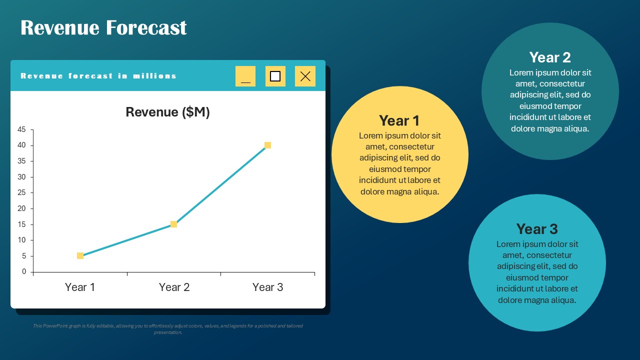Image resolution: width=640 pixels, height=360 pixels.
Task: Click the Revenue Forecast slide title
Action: pyautogui.click(x=103, y=28)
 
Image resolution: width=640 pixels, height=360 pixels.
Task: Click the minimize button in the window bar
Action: pyautogui.click(x=245, y=76)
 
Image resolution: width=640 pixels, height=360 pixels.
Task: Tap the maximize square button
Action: pyautogui.click(x=275, y=76)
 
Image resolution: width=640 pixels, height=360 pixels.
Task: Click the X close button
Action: pyautogui.click(x=305, y=76)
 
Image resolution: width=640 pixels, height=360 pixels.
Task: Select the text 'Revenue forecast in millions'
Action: pyautogui.click(x=98, y=76)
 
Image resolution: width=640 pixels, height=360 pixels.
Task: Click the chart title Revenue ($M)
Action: pyautogui.click(x=167, y=112)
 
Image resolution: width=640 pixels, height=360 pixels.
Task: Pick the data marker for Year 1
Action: pyautogui.click(x=80, y=256)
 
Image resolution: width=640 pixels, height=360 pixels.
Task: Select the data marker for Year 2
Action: pyautogui.click(x=173, y=224)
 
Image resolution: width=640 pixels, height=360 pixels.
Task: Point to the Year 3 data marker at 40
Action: pyautogui.click(x=267, y=145)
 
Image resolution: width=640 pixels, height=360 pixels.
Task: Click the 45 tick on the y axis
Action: pyautogui.click(x=21, y=129)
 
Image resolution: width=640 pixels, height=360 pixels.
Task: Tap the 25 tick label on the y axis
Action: pyautogui.click(x=21, y=193)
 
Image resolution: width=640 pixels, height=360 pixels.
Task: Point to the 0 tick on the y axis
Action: pyautogui.click(x=23, y=272)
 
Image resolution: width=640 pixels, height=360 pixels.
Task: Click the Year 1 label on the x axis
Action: pyautogui.click(x=80, y=287)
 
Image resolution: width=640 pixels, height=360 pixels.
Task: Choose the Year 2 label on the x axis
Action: pyautogui.click(x=174, y=287)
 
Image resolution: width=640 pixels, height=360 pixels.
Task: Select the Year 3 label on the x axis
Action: pyautogui.click(x=267, y=287)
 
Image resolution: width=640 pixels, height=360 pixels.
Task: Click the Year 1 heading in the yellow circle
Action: pyautogui.click(x=399, y=121)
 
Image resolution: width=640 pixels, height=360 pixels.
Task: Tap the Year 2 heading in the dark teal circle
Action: pyautogui.click(x=549, y=57)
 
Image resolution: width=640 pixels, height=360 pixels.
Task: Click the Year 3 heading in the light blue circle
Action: pyautogui.click(x=536, y=229)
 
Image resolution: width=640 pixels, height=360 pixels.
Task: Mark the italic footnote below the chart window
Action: pyautogui.click(x=167, y=329)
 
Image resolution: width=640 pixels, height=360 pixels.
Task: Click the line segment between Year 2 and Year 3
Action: pyautogui.click(x=220, y=185)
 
